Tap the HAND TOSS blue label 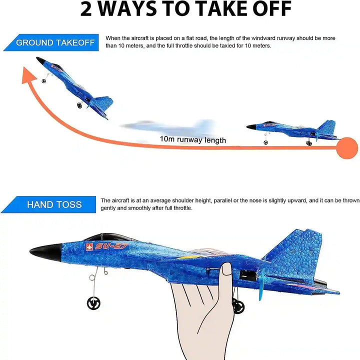(54, 204)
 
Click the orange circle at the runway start (346, 148)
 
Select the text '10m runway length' (192, 140)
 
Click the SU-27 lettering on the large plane (112, 246)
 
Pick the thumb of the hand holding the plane (226, 275)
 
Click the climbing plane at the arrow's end (75, 87)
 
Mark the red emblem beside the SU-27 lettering (90, 246)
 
